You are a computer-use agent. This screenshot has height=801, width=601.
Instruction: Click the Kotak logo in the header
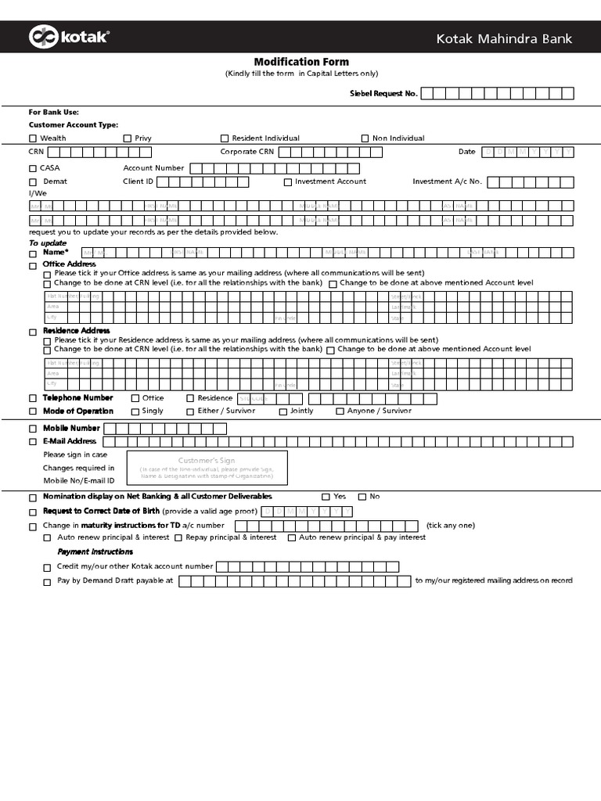pyautogui.click(x=69, y=37)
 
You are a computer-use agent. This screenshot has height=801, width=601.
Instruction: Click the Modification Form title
pyautogui.click(x=301, y=62)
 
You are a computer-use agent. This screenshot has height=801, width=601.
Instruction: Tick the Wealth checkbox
pyautogui.click(x=33, y=138)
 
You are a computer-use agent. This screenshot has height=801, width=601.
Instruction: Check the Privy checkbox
pyautogui.click(x=128, y=138)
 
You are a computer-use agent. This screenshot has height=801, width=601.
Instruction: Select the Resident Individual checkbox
pyautogui.click(x=225, y=138)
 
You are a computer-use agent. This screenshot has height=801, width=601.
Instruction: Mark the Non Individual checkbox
pyautogui.click(x=365, y=138)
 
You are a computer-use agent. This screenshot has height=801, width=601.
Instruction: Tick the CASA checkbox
pyautogui.click(x=33, y=168)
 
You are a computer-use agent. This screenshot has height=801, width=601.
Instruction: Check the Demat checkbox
pyautogui.click(x=33, y=181)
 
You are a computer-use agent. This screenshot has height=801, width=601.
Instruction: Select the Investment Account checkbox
pyautogui.click(x=288, y=181)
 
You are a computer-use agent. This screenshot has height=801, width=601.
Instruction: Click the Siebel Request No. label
pyautogui.click(x=383, y=94)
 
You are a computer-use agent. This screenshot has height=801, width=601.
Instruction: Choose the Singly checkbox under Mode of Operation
pyautogui.click(x=135, y=411)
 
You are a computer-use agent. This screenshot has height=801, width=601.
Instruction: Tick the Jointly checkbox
pyautogui.click(x=283, y=411)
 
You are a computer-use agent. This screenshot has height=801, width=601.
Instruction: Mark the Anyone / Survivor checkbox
pyautogui.click(x=340, y=411)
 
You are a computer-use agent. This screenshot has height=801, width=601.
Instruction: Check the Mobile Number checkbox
pyautogui.click(x=33, y=429)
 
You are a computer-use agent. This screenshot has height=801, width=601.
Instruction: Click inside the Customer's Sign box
pyautogui.click(x=207, y=468)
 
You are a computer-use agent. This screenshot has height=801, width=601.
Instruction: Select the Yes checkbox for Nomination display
pyautogui.click(x=326, y=497)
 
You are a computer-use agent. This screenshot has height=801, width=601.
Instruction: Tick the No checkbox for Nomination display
pyautogui.click(x=362, y=497)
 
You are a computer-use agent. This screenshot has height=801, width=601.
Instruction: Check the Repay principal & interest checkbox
pyautogui.click(x=178, y=538)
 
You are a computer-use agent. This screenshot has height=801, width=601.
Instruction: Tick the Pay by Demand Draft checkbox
pyautogui.click(x=48, y=581)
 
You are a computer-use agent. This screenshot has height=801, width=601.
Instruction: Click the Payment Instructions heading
pyautogui.click(x=95, y=552)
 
